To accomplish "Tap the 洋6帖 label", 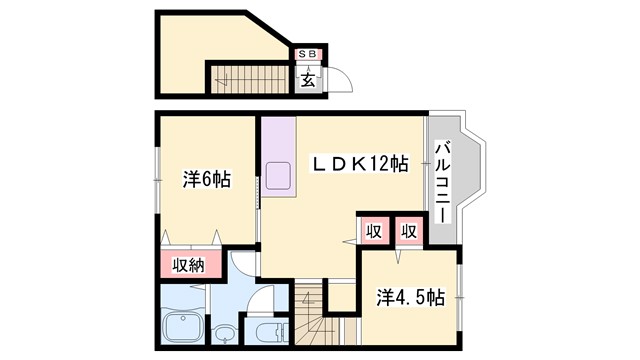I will (206, 180).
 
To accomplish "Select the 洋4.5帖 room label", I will (410, 297).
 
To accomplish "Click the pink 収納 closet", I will (190, 266).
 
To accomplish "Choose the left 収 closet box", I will (374, 230).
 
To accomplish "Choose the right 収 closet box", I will (408, 230).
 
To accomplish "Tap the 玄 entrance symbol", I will (307, 80).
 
